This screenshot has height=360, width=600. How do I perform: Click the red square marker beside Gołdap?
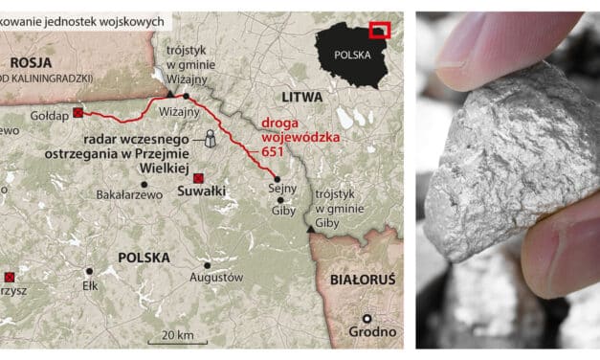pos(78,113)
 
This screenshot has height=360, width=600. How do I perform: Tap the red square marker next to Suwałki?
pos(198,179)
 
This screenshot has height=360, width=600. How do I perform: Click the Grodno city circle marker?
pos(366,319)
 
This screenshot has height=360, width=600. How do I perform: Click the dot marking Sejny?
pos(277,179)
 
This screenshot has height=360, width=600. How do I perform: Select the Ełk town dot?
pos(89,271)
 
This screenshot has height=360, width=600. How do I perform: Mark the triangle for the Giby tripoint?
pos(308,230)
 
